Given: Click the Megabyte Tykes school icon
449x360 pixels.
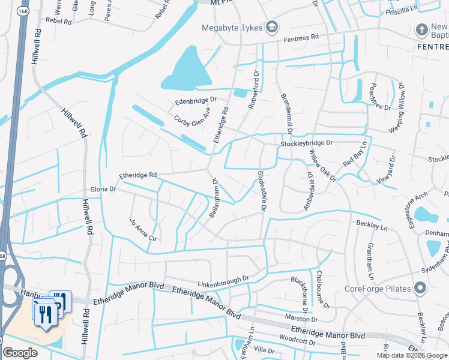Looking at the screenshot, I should pyautogui.click(x=272, y=27).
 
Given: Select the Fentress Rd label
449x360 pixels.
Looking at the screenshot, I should pyautogui.click(x=301, y=38).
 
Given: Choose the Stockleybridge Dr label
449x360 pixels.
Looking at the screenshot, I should pyautogui.click(x=306, y=144).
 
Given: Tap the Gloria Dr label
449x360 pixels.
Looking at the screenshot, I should pyautogui.click(x=103, y=189).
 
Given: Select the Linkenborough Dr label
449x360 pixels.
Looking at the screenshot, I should pyautogui.click(x=223, y=280).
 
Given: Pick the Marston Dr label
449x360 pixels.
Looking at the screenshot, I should pyautogui.click(x=288, y=317).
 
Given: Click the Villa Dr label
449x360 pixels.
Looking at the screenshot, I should pyautogui.click(x=264, y=349).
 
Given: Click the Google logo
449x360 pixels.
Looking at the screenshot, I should pyautogui.click(x=20, y=353).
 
